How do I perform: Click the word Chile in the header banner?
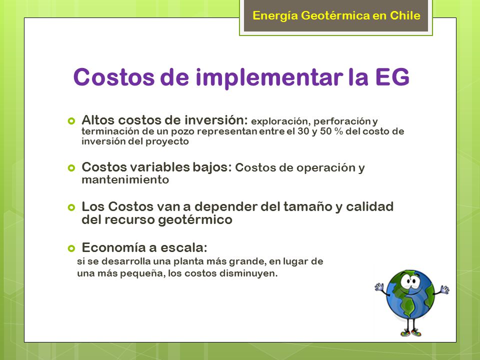click(x=405, y=15)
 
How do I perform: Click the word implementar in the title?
click(x=269, y=78)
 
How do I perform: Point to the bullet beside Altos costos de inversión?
click(x=71, y=120)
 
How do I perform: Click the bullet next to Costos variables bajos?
click(x=71, y=168)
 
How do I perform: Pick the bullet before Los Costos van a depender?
click(x=71, y=207)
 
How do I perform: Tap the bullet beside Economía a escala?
click(x=71, y=248)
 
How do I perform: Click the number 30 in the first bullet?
click(x=303, y=131)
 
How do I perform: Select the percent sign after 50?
click(x=338, y=131)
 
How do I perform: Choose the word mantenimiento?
click(x=125, y=179)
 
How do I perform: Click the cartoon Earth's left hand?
click(x=379, y=287)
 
